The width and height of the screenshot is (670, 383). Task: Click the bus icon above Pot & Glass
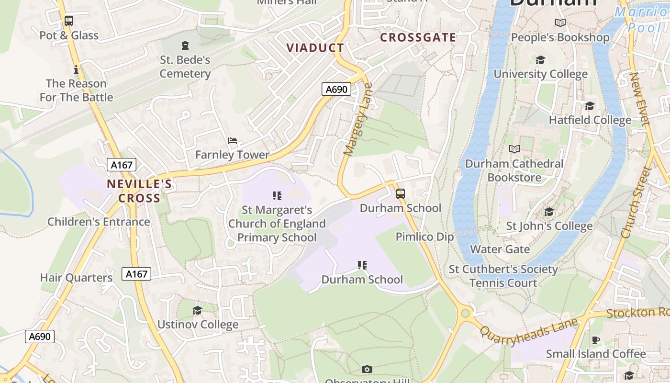point(69,21)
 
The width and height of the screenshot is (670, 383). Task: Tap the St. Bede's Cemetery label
point(185,67)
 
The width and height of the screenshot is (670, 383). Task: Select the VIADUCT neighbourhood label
point(315,48)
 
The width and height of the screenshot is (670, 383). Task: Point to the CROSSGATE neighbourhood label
point(418,37)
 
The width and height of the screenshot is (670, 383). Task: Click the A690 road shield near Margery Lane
point(336,89)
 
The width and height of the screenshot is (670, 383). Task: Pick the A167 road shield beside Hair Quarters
point(136,274)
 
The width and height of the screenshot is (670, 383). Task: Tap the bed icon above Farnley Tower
point(233,141)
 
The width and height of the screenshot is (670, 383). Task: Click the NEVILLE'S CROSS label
point(139,191)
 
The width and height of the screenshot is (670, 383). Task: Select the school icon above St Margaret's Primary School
point(277,195)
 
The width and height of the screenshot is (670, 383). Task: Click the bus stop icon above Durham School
point(401,194)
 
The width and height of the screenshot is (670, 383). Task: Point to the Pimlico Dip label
point(424,237)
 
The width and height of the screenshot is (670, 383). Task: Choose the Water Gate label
point(500,249)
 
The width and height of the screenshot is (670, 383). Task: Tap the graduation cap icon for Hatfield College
point(590,106)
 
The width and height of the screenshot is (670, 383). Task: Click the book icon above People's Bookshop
point(560,23)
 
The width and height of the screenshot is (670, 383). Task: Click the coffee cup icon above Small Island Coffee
point(595,340)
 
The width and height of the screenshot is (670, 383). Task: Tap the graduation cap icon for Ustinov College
point(197,311)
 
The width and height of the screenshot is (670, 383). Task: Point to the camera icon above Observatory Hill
point(367,369)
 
